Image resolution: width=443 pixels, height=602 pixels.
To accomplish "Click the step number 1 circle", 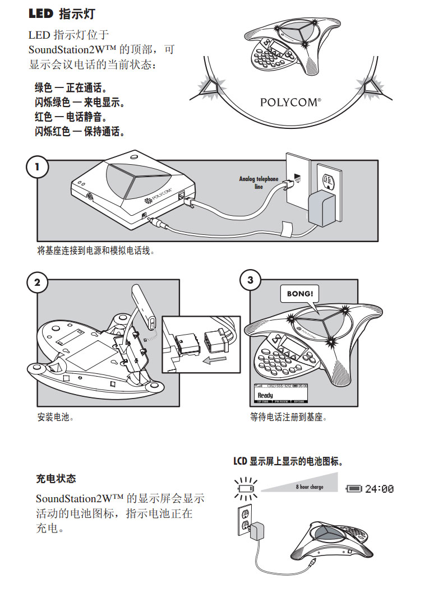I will point(38,167).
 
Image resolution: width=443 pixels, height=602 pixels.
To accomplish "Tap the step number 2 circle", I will point(38,282).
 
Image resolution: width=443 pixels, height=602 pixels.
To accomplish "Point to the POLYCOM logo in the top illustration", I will point(290,103).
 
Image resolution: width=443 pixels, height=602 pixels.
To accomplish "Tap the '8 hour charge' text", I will point(310,487).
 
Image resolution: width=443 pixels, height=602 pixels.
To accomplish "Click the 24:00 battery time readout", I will point(380,489).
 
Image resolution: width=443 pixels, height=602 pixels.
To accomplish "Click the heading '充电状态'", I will point(56,479).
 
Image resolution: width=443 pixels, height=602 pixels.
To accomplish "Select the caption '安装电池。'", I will point(56,418).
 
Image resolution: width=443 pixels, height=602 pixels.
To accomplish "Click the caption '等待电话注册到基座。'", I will point(288,418).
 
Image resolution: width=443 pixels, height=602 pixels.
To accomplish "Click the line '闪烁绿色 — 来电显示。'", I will point(80,103).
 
